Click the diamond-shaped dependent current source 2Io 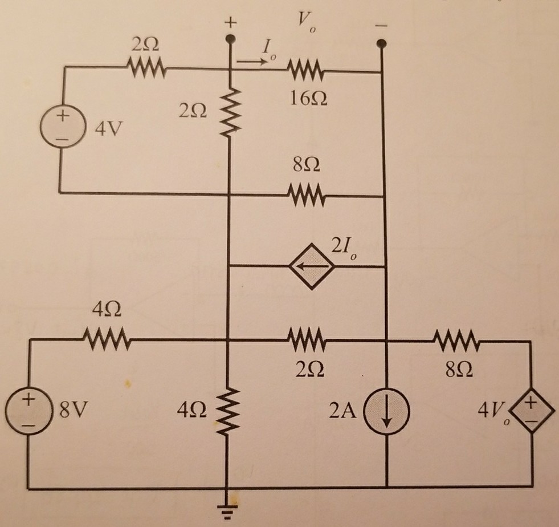(307, 266)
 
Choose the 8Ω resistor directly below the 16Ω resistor (307, 196)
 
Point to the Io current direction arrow (252, 59)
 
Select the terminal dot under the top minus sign (382, 43)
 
